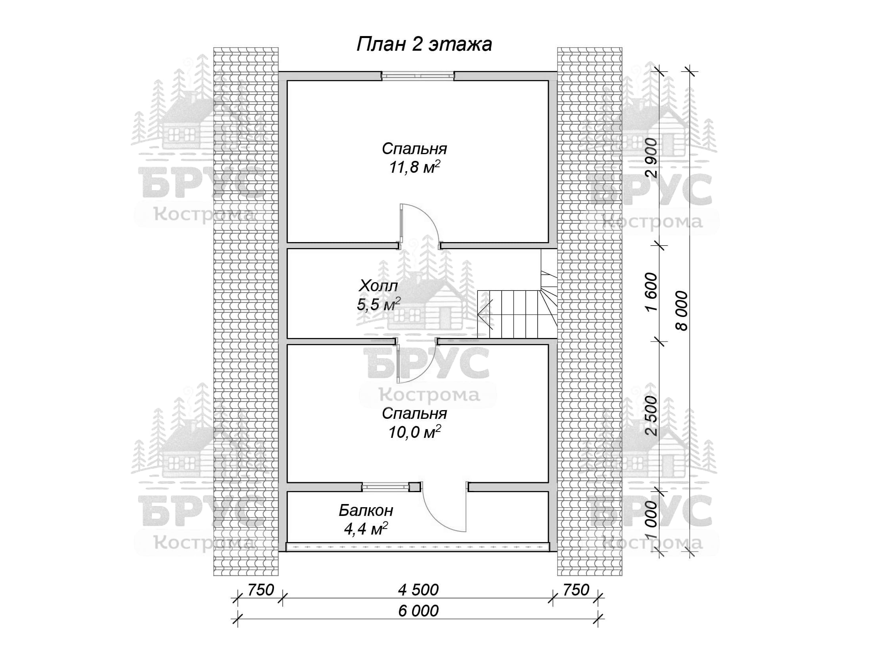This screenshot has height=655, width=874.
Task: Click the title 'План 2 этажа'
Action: (x=424, y=44)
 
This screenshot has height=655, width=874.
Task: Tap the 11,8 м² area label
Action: (x=414, y=167)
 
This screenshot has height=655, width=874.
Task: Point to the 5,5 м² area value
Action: (x=378, y=304)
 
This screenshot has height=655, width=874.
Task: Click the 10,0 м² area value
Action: (x=414, y=432)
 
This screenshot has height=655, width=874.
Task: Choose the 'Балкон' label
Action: (x=366, y=510)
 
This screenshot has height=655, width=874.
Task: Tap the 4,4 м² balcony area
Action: (x=366, y=529)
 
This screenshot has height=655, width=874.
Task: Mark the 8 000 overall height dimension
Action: (x=682, y=311)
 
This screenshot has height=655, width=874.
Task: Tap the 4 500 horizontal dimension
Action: (x=418, y=590)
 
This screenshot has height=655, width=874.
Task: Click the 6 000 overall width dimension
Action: (x=418, y=611)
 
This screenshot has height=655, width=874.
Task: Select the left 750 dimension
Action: (x=261, y=590)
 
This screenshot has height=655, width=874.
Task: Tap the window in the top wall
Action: (x=418, y=76)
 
